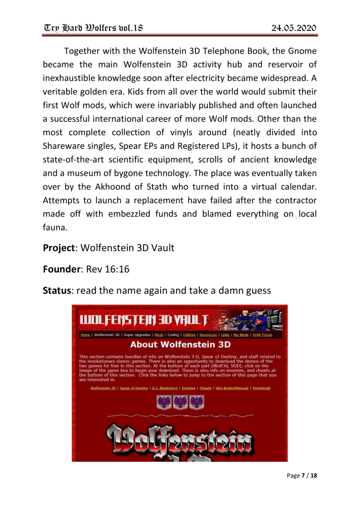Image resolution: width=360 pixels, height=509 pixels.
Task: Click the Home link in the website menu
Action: (85, 335)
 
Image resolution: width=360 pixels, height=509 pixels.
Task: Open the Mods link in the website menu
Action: (159, 335)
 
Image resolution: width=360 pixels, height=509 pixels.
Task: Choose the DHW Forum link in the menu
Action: (262, 335)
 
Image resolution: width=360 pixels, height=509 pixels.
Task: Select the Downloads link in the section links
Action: (262, 388)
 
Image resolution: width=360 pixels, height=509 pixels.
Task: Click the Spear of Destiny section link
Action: (134, 388)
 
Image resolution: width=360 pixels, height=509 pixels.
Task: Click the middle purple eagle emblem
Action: (180, 402)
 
